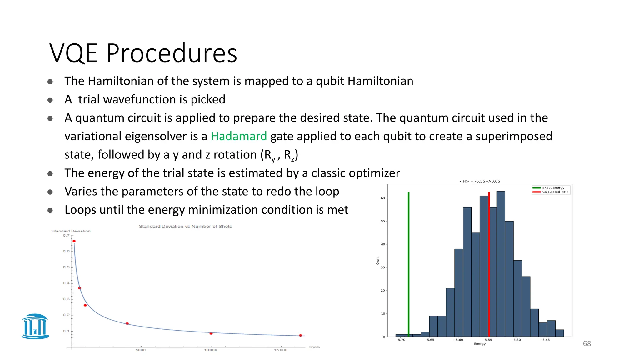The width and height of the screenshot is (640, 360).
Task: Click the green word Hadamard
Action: [x=239, y=136]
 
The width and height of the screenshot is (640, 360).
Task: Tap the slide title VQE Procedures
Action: [x=143, y=53]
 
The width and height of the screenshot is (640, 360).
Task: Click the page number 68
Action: [x=587, y=344]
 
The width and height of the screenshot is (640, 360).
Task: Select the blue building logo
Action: [x=35, y=327]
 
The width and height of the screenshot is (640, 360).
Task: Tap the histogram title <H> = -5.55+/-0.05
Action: [x=480, y=181]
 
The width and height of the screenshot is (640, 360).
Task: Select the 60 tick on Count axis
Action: [x=383, y=198]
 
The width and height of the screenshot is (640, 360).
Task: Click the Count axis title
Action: [x=377, y=261]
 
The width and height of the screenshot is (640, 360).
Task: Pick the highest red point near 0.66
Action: [x=74, y=241]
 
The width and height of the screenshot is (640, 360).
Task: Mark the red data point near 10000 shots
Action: [x=211, y=333]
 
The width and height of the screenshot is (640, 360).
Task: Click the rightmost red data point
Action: [x=301, y=335]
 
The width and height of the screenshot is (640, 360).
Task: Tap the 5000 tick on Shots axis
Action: [x=141, y=350]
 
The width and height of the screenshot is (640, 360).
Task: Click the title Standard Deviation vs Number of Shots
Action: [x=185, y=227]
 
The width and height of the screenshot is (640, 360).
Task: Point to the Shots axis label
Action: [x=314, y=347]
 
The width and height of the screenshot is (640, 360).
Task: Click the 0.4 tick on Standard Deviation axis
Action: [x=66, y=283]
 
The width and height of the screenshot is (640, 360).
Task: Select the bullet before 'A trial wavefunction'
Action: [x=50, y=100]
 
